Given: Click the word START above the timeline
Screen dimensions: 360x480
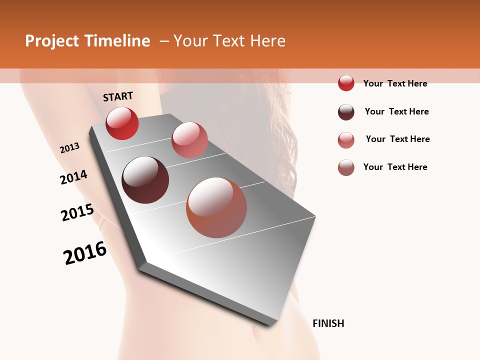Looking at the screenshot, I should [118, 96].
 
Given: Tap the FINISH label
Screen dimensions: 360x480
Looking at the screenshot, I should [328, 323].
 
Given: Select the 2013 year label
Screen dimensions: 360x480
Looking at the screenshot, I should [69, 148].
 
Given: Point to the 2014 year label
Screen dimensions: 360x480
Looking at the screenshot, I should [74, 177].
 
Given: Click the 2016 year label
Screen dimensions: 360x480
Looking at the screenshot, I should [85, 253].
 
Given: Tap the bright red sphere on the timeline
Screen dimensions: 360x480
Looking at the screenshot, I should [122, 123].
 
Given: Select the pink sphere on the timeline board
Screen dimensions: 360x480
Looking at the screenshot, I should [189, 140].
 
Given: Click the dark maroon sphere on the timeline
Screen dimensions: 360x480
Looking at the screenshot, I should [145, 180].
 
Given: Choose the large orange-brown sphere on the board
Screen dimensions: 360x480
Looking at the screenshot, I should [216, 207].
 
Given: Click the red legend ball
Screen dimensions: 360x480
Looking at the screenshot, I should [346, 83].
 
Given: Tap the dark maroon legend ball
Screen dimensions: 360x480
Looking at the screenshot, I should [346, 112].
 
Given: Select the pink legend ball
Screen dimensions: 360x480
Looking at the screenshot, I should [346, 140].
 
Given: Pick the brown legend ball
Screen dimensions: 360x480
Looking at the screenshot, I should [346, 167].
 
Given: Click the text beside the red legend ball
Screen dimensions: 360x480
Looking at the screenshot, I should [395, 83].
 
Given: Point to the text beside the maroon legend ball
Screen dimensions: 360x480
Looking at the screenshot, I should [396, 111].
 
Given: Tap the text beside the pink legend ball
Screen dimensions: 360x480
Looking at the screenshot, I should [397, 139].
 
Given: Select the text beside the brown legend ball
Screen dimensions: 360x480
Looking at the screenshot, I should [395, 167].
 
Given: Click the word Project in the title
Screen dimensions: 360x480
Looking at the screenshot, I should [52, 41].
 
